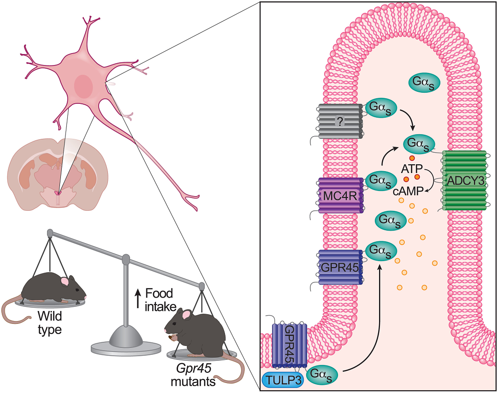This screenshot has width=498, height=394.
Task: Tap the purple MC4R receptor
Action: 341,195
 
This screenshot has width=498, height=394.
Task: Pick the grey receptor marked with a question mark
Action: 340,121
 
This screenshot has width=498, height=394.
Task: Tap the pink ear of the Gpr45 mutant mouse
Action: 187,315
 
